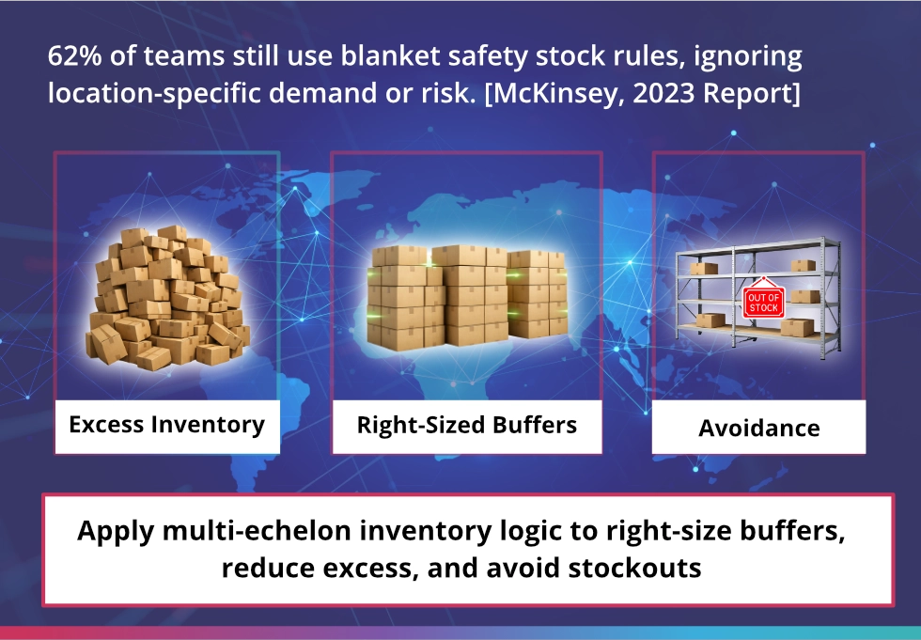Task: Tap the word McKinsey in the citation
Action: (x=558, y=93)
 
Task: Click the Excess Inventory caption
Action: (x=167, y=425)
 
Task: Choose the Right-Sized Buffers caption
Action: (x=467, y=425)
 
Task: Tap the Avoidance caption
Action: (x=759, y=428)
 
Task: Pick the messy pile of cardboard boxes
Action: (x=168, y=298)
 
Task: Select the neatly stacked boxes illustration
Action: (x=468, y=297)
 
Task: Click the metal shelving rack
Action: (x=758, y=298)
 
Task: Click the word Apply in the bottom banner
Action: (x=116, y=531)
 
